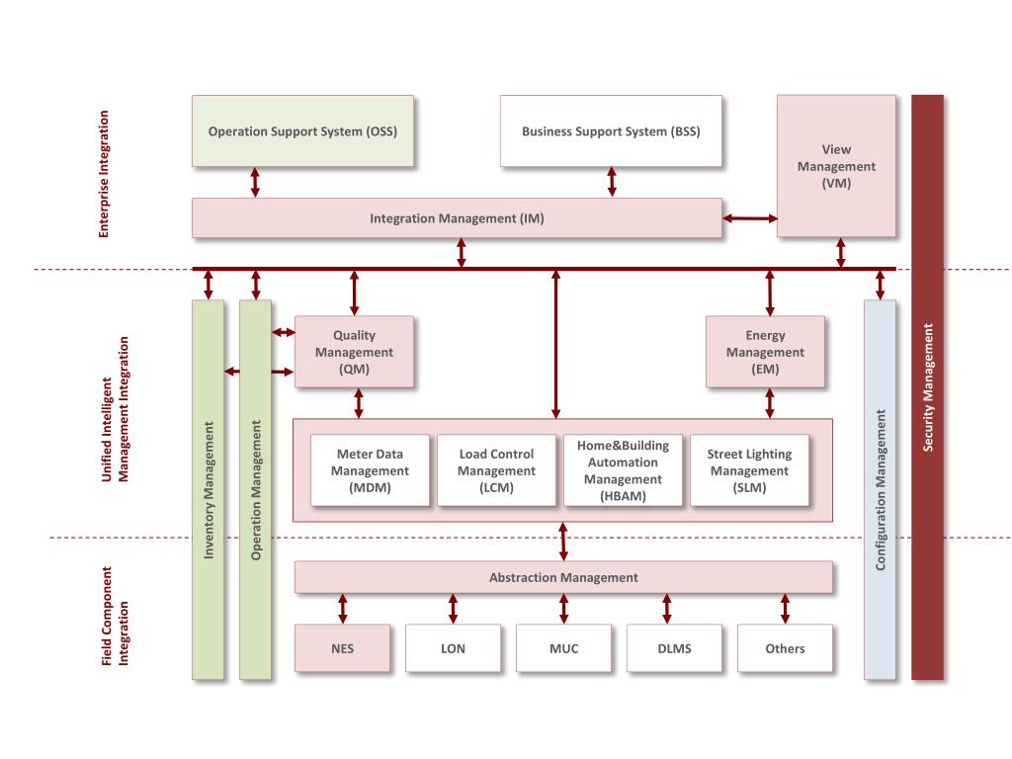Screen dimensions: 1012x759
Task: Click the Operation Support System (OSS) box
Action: coord(302,130)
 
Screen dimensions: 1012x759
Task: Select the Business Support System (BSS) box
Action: coord(611,130)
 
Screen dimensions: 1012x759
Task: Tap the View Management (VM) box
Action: coord(836,166)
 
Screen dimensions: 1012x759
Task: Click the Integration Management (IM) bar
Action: coord(457,218)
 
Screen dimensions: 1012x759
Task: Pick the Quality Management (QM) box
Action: coord(354,353)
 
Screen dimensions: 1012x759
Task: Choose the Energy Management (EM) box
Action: coord(765,353)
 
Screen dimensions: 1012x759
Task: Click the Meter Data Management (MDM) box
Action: coord(371,470)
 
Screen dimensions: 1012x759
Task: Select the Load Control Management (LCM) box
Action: coord(497,470)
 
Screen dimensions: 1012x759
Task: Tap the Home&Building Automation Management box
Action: coord(623,470)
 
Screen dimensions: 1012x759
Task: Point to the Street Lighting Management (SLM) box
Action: coord(749,470)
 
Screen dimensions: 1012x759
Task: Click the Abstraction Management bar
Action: coord(563,577)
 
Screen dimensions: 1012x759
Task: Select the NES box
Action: coord(342,648)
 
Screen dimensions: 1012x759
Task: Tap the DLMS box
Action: coord(674,648)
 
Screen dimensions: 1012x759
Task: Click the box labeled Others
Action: coord(785,648)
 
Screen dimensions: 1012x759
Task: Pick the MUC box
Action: coord(563,648)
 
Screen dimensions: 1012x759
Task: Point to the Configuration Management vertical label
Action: coord(880,489)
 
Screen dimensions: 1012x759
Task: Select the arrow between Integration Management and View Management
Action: coord(749,218)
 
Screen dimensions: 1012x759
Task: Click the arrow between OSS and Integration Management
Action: coord(255,182)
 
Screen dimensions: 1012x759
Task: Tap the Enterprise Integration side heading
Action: coord(104,174)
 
